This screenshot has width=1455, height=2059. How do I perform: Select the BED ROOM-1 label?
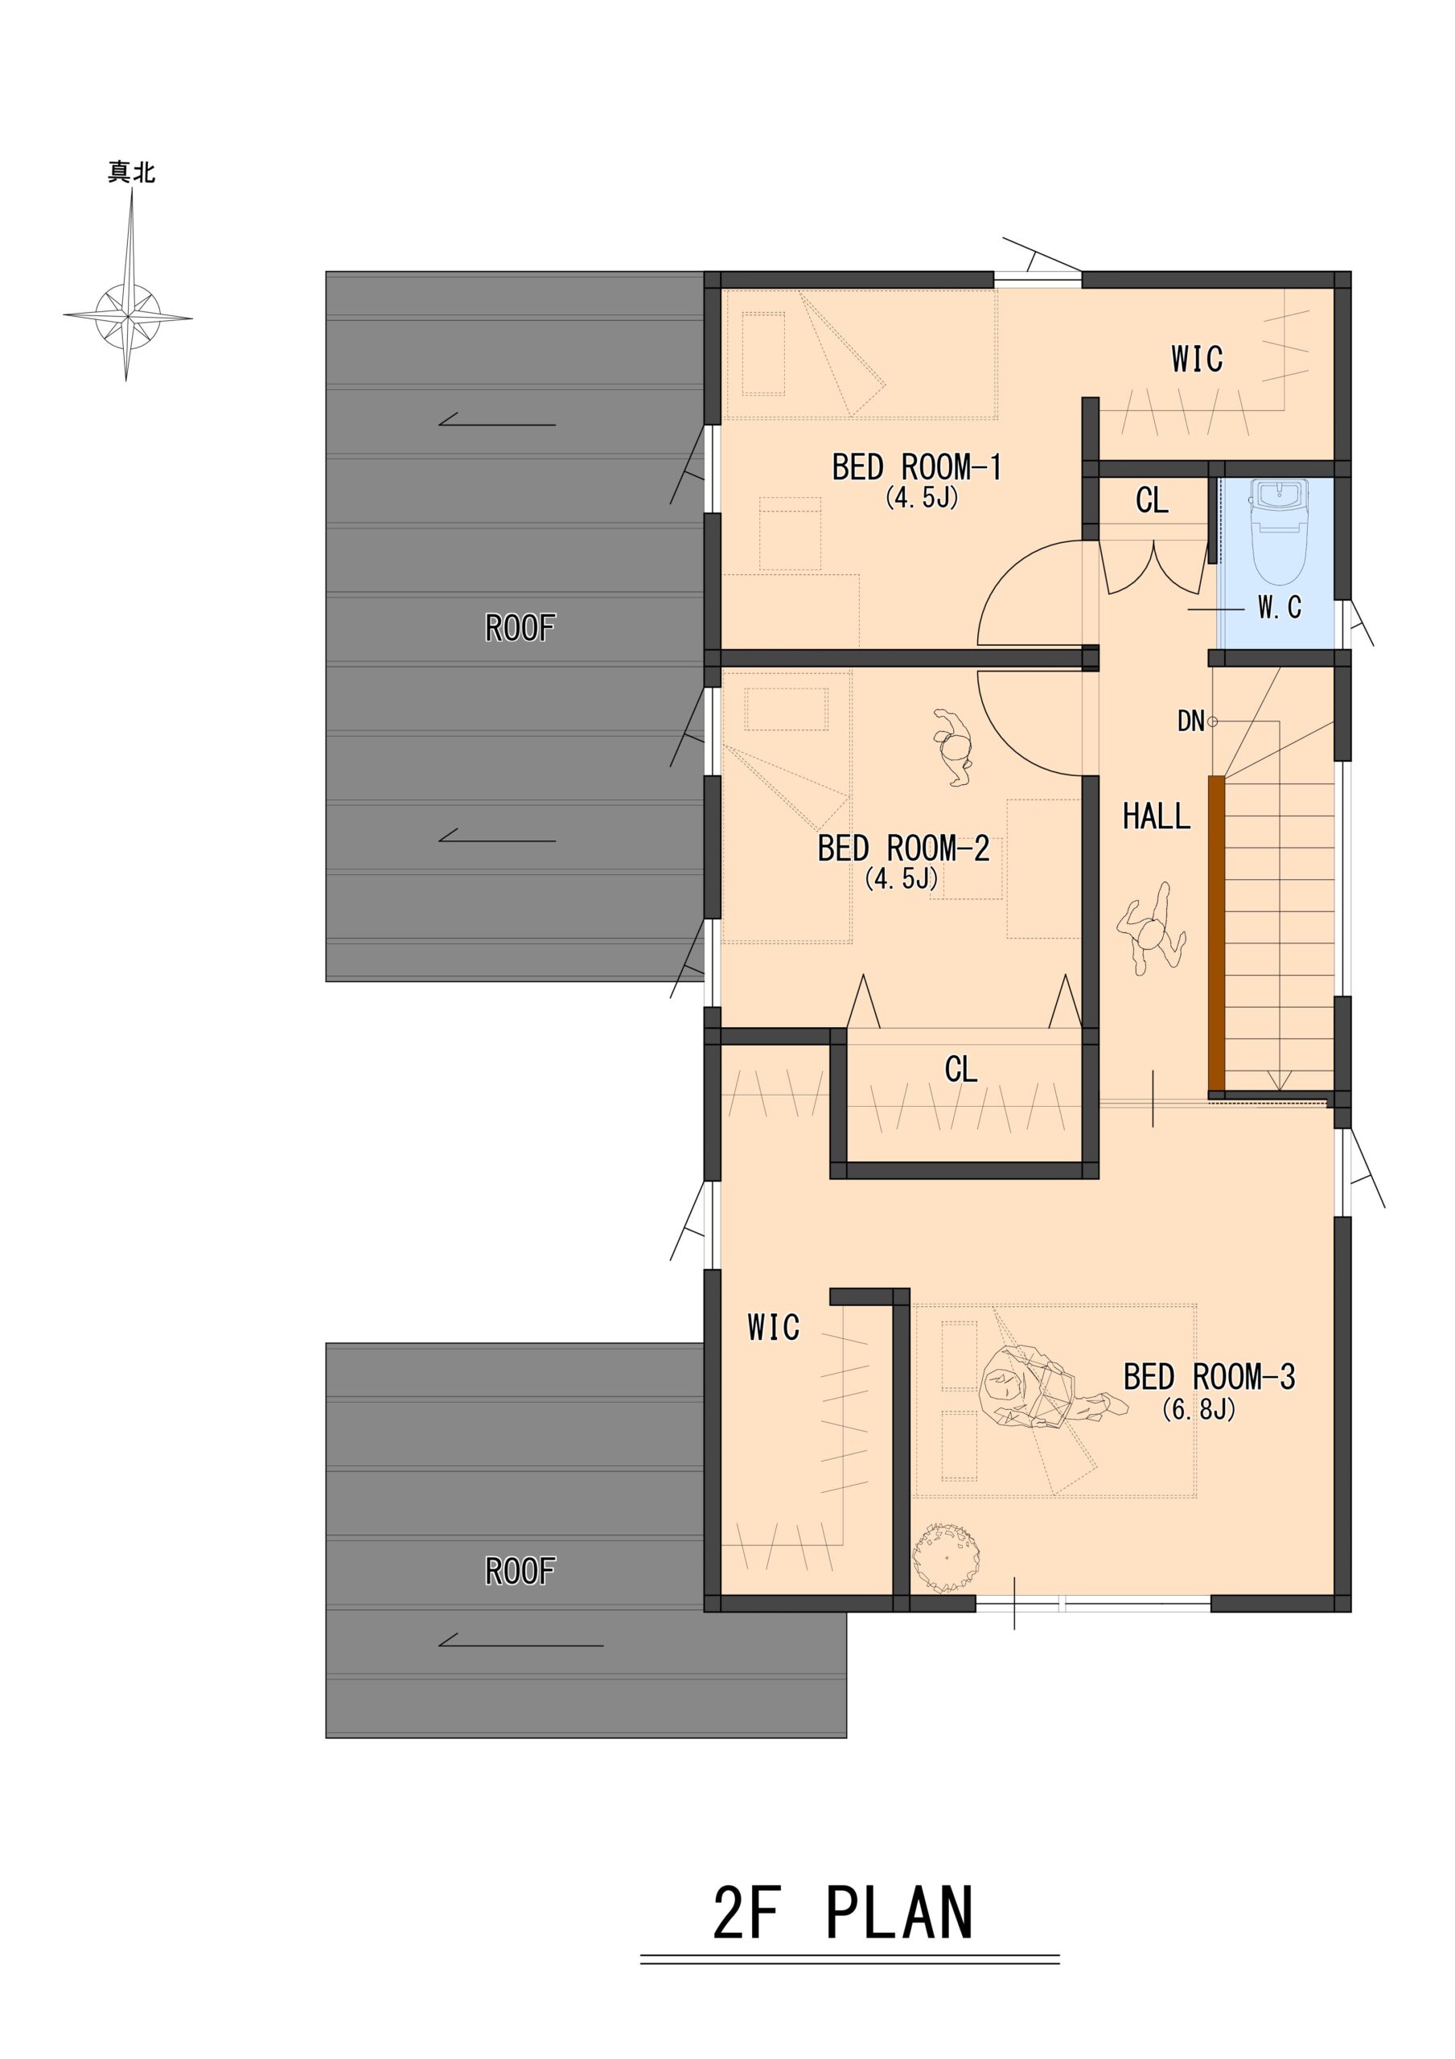point(917,467)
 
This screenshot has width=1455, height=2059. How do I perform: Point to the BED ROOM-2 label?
point(903,848)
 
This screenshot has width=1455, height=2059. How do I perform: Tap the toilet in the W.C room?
point(1280,531)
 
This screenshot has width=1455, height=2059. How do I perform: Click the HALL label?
point(1157,816)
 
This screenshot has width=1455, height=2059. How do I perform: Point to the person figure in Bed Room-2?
point(954,747)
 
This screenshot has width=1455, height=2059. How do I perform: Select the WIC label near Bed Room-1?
point(1197,360)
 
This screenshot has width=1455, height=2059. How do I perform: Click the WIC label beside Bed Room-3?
point(773,1328)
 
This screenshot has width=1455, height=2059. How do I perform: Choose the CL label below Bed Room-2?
point(960,1069)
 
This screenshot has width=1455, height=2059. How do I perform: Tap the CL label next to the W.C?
point(1152,500)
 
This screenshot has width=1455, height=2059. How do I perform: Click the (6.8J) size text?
point(1199,1409)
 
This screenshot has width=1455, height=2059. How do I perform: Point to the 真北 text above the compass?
point(132,172)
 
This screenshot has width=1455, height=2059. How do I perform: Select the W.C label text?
point(1279,608)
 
